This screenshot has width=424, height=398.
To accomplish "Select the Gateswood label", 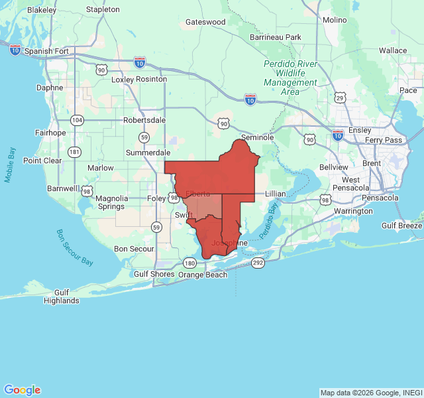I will tap(205, 22).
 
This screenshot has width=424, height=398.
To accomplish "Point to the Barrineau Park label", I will tap(276, 37).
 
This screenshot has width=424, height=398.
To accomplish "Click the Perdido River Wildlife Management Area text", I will tap(290, 78).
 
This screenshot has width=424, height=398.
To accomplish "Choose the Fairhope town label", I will tap(50, 133).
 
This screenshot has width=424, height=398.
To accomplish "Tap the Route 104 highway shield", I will tap(78, 120).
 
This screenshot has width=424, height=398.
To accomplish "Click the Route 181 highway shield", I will tap(74, 152).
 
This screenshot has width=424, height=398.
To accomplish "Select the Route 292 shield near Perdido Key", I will tap(258, 263).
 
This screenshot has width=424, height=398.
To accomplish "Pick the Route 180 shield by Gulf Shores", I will tap(190, 263).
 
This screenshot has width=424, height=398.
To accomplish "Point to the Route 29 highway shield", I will tap(340, 98).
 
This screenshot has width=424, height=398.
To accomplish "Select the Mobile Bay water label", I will tap(10, 165).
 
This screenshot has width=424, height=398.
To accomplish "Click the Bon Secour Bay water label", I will tap(74, 247).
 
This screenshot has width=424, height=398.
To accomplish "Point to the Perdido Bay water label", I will tap(270, 222).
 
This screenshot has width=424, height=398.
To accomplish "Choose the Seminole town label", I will tap(257, 137).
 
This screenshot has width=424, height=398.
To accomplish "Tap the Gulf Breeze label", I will tap(401, 226).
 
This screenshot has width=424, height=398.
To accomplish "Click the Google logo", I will tap(22, 390).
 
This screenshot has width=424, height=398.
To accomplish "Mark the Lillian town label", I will tap(275, 193).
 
